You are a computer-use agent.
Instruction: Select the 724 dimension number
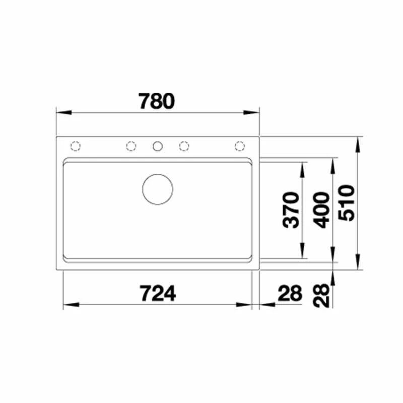(158, 293)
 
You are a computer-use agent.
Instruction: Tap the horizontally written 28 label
(289, 293)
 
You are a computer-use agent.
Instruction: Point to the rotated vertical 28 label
(322, 295)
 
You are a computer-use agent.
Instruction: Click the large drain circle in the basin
(158, 189)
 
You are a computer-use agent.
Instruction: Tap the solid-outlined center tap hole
(158, 146)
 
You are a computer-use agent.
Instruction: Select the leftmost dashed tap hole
(76, 146)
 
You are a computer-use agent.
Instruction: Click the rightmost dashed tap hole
(240, 146)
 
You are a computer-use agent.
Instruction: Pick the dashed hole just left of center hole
(130, 146)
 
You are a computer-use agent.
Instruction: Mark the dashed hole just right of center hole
(184, 146)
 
